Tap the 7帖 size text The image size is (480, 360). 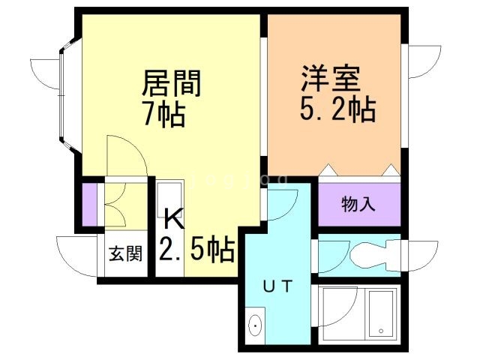pyautogui.click(x=163, y=114)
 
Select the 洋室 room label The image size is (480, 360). pyautogui.click(x=331, y=79)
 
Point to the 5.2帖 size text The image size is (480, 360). pyautogui.click(x=333, y=110)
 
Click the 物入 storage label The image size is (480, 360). pyautogui.click(x=358, y=203)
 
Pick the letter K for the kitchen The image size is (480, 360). pyautogui.click(x=172, y=220)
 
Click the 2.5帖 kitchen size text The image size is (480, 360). pyautogui.click(x=196, y=248)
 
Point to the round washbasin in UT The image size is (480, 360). pyautogui.click(x=255, y=326)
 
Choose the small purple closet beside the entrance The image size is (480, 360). pyautogui.click(x=89, y=205)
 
